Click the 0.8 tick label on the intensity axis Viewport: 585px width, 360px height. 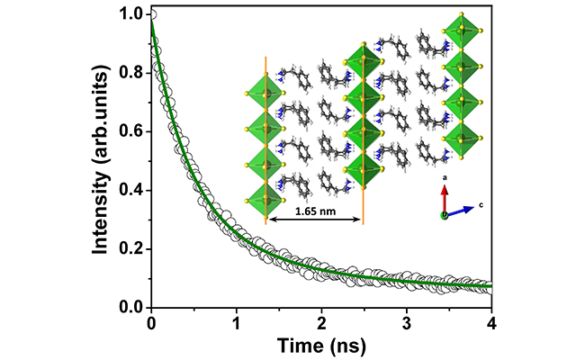click(131, 73)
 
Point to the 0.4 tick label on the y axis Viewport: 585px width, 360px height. click(131, 190)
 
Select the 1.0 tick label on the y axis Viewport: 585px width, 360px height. click(131, 14)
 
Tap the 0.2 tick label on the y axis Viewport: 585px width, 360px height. click(131, 248)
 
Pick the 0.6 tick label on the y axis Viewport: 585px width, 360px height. click(131, 131)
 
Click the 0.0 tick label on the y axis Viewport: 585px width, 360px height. click(131, 308)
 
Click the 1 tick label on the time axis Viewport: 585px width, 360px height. click(237, 322)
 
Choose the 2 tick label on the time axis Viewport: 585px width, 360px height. click(322, 322)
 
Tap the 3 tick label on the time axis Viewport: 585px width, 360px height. click(408, 322)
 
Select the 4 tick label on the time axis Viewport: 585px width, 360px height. click(492, 322)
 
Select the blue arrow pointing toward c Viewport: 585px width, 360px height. click(460, 211)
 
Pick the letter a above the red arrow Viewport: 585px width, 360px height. click(444, 180)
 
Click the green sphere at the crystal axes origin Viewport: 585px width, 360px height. click(444, 216)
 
